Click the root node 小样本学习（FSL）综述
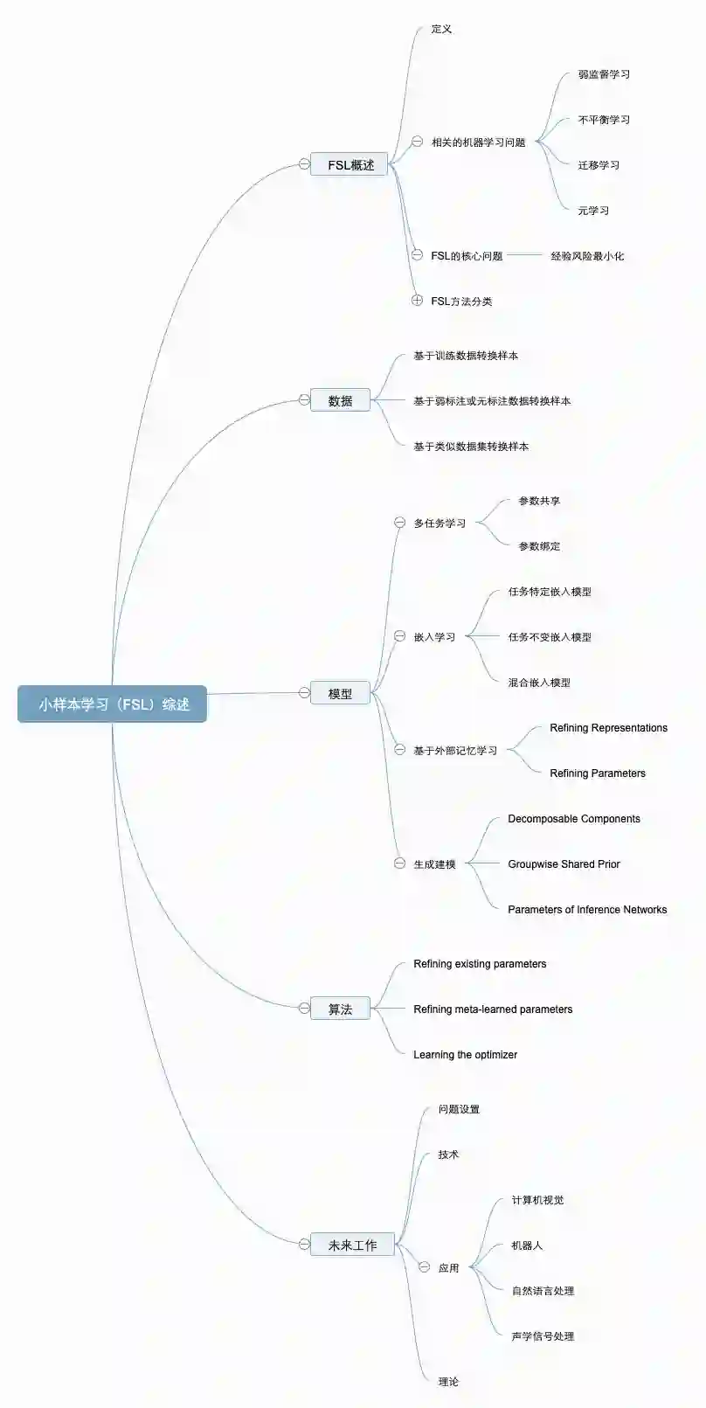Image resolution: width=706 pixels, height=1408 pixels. click(112, 704)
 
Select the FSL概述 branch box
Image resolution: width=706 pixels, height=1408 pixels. click(350, 164)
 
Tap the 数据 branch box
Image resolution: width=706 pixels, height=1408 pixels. click(340, 400)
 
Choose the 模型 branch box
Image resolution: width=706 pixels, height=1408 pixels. click(340, 693)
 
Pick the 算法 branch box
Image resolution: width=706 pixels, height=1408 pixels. click(340, 1009)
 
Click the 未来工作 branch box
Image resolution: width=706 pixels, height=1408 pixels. click(352, 1245)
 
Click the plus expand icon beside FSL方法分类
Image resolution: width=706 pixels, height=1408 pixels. click(418, 301)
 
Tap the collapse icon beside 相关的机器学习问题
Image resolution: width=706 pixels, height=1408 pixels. click(418, 142)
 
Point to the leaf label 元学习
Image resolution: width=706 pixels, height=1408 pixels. click(593, 210)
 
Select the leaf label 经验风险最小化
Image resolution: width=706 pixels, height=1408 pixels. click(586, 256)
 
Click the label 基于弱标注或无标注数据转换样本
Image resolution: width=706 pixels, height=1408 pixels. click(492, 401)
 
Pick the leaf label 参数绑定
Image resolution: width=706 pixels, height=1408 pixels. click(539, 546)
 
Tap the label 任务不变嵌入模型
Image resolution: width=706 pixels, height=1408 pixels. click(550, 637)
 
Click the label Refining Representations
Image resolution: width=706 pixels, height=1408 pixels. click(608, 728)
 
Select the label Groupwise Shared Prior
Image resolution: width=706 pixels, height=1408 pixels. click(564, 864)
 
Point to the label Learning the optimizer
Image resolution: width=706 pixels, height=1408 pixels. click(465, 1055)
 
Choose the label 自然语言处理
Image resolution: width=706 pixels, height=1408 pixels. click(543, 1291)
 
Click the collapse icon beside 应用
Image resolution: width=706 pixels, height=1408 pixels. click(425, 1267)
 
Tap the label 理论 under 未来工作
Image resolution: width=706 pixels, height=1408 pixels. click(448, 1382)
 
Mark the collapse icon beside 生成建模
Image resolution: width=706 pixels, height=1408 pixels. click(399, 864)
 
